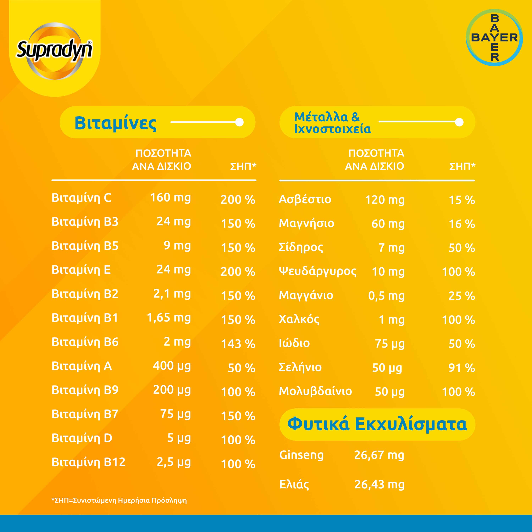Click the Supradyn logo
tap(54, 50)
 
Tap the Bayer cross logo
tap(494, 38)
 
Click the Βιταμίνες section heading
tap(115, 123)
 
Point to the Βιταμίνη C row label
tap(82, 198)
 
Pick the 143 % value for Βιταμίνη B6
tap(238, 344)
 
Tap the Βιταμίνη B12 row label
tap(88, 462)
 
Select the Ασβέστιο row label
tap(305, 199)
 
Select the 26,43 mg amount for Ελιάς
tap(379, 484)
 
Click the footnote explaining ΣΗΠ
tap(119, 500)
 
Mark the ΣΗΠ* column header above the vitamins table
tap(243, 166)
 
